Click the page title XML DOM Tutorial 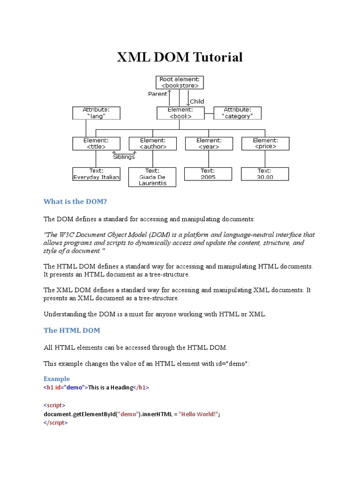[180, 57]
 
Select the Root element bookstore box [180, 82]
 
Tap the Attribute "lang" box [96, 113]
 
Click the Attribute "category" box [238, 113]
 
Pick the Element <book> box [180, 113]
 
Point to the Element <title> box [96, 143]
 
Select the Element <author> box [152, 143]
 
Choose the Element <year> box [209, 143]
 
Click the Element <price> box [265, 143]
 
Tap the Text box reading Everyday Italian [96, 174]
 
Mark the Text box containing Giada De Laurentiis [152, 177]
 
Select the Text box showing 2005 [209, 174]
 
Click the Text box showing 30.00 [265, 174]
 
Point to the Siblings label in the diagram [124, 157]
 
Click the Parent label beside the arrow [157, 94]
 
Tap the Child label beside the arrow [197, 101]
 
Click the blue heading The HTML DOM [72, 330]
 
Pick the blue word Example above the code [57, 379]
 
